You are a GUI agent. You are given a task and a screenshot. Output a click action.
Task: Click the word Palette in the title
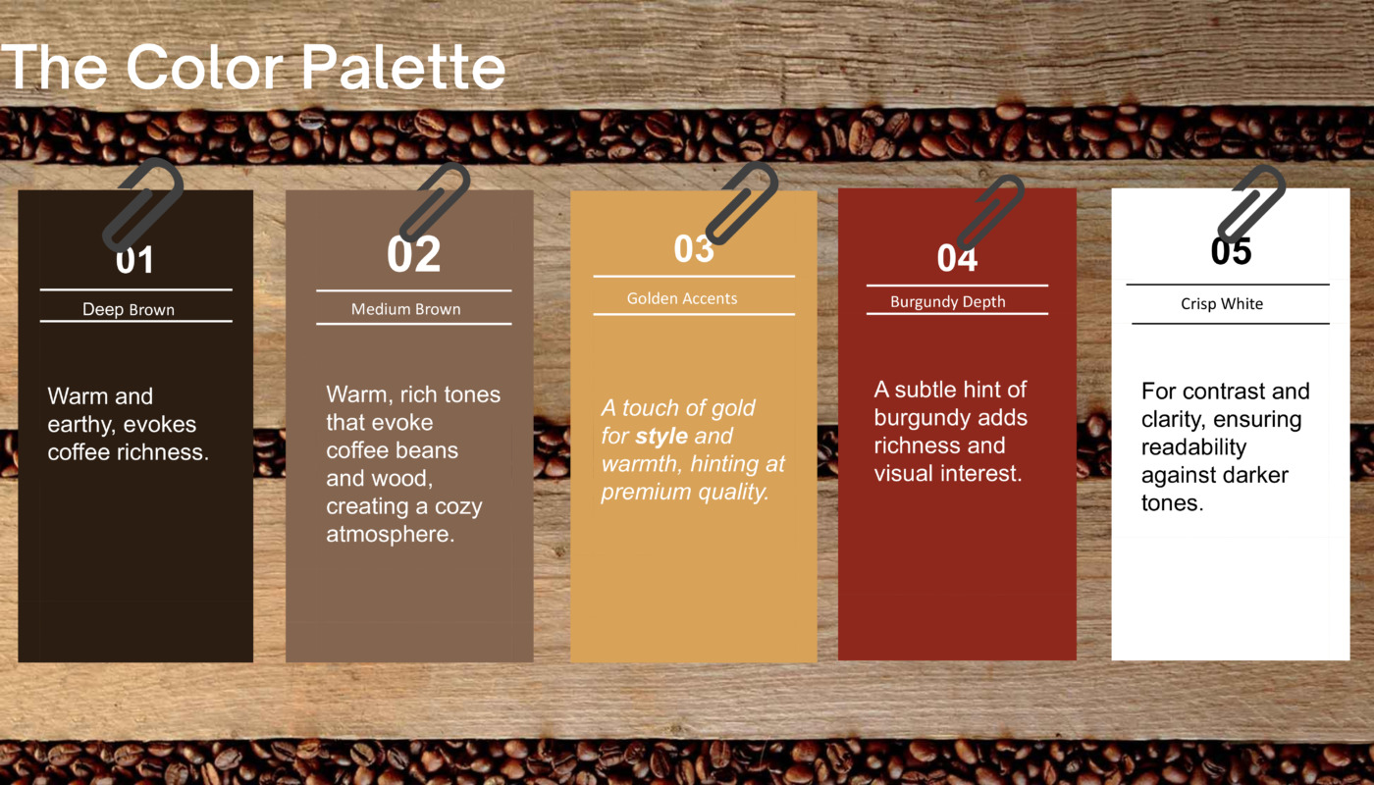403,67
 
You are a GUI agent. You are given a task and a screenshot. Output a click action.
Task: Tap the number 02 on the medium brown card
414,254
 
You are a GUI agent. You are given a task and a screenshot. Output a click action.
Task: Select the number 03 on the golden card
694,249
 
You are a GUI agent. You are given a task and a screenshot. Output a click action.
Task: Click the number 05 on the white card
1231,251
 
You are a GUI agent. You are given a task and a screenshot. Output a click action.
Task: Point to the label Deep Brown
129,310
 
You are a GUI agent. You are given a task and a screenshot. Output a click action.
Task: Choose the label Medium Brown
405,309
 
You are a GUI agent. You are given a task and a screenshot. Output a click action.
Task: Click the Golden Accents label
681,298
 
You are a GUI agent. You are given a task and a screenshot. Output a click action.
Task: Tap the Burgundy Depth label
948,302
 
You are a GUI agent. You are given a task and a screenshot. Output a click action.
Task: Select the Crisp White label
1222,304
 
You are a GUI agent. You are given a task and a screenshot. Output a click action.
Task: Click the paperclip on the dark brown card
144,204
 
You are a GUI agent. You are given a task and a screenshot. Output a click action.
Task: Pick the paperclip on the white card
1251,202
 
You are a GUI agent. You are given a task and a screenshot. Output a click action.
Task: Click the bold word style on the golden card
661,436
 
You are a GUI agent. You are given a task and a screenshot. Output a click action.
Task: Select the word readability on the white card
1193,447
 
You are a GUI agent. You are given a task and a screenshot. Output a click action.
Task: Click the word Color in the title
206,67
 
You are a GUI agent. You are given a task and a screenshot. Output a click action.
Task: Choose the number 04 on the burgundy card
957,258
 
